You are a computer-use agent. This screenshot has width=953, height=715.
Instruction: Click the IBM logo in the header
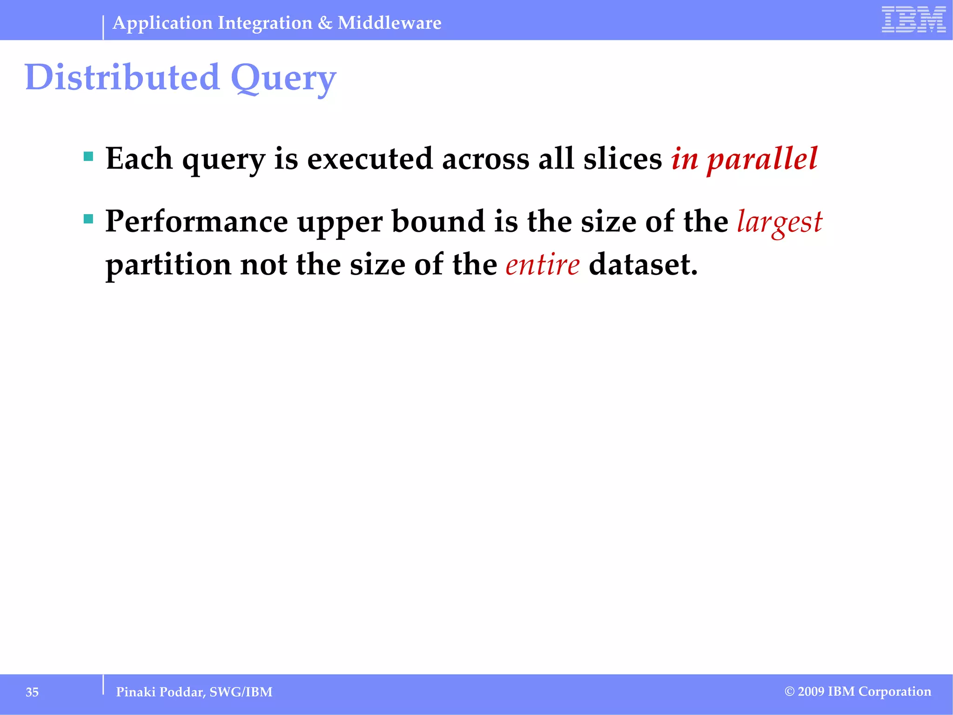[913, 20]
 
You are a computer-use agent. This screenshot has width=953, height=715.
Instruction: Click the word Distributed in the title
[122, 77]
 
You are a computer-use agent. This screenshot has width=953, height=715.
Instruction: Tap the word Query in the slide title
[283, 78]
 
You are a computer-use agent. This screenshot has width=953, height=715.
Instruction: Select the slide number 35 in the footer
[32, 692]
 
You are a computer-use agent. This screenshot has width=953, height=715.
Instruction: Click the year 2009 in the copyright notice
[812, 692]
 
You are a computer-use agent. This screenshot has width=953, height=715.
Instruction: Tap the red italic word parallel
[762, 159]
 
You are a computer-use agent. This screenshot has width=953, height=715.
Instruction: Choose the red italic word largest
[779, 222]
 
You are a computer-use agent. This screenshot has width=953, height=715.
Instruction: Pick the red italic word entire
[543, 264]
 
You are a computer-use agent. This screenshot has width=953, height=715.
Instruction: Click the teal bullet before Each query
[88, 156]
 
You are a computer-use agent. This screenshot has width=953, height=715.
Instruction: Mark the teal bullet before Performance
[88, 218]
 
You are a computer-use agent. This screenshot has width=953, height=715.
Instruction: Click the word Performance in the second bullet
[197, 222]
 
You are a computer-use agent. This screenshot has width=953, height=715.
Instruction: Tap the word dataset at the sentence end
[643, 264]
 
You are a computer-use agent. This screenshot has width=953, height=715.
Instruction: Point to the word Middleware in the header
[389, 23]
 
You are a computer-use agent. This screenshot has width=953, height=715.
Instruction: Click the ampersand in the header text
[325, 23]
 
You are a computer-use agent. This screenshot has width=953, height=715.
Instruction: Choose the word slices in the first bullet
[623, 159]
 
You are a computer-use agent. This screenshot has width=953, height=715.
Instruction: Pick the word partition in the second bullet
[168, 264]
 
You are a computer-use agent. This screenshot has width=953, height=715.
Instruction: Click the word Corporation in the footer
[895, 692]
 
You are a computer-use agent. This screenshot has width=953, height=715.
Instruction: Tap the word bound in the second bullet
[438, 222]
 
